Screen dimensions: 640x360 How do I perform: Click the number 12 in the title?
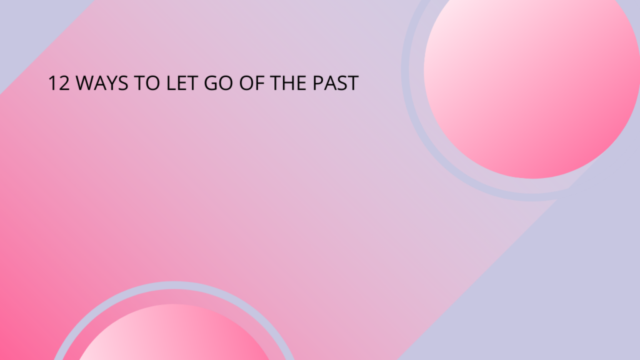point(59,83)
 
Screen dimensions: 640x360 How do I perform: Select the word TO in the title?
point(147,83)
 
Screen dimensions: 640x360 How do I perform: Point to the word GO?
point(218,83)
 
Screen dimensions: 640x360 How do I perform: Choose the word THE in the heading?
point(288,83)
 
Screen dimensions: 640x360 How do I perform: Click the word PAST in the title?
point(336,83)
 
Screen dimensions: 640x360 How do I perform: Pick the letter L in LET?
point(171,83)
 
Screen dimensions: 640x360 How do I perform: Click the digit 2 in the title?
point(64,83)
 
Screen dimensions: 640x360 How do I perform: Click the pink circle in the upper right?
point(532,82)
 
